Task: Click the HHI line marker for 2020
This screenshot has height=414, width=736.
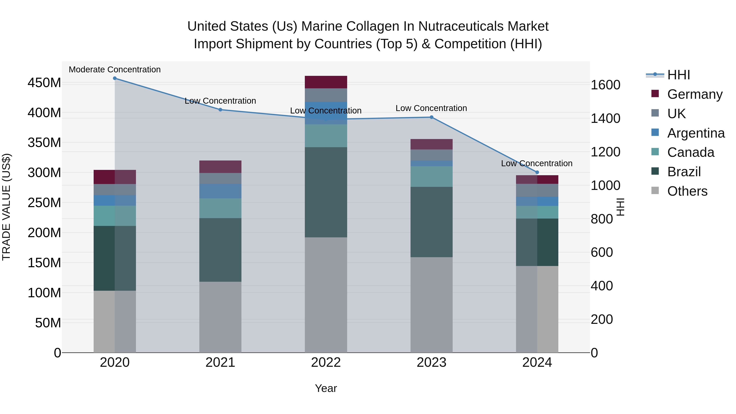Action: point(115,78)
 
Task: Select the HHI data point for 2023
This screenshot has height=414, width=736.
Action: point(431,117)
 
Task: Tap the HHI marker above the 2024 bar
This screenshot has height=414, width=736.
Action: point(537,172)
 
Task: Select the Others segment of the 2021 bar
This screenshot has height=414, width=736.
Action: point(220,317)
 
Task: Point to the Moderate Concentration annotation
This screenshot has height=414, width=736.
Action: point(115,70)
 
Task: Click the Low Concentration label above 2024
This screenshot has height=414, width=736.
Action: point(537,163)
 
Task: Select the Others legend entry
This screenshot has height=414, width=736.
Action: point(687,191)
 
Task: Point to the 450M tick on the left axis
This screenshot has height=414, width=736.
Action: point(44,83)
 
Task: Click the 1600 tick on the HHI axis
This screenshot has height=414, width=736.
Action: point(605,85)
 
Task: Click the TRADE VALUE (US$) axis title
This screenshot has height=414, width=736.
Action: point(6,207)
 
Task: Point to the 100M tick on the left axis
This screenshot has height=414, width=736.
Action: point(44,293)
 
